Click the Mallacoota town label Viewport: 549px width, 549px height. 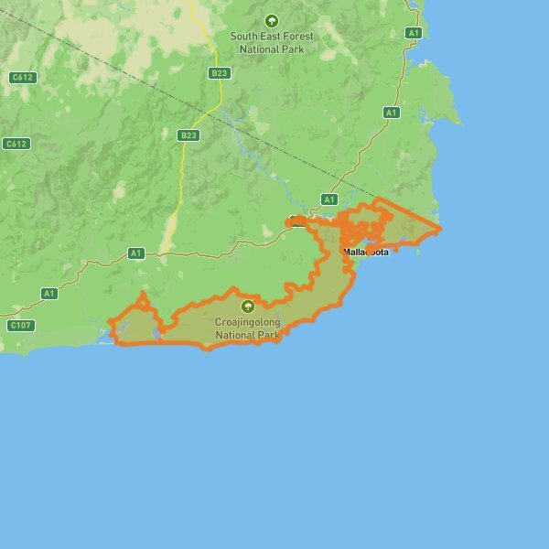pos(366,252)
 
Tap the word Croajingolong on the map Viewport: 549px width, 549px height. pos(247,322)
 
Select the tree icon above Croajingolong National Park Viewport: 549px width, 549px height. pos(247,307)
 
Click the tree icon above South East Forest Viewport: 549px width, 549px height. pos(271,20)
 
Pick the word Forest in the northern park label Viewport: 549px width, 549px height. pos(298,37)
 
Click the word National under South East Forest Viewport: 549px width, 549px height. pos(259,48)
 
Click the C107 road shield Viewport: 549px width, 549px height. pos(20,325)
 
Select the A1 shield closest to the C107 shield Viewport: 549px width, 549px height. pos(49,294)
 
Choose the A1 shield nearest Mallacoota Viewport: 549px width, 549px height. pos(329,199)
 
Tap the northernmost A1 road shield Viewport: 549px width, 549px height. pos(413,33)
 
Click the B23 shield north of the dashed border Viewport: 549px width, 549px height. pos(219,72)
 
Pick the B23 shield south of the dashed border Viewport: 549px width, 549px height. pos(188,135)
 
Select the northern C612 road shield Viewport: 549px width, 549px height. pos(22,78)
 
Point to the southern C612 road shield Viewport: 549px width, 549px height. pos(16,144)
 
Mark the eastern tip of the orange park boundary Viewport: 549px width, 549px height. pos(439,227)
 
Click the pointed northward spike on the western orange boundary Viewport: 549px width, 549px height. pos(141,295)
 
